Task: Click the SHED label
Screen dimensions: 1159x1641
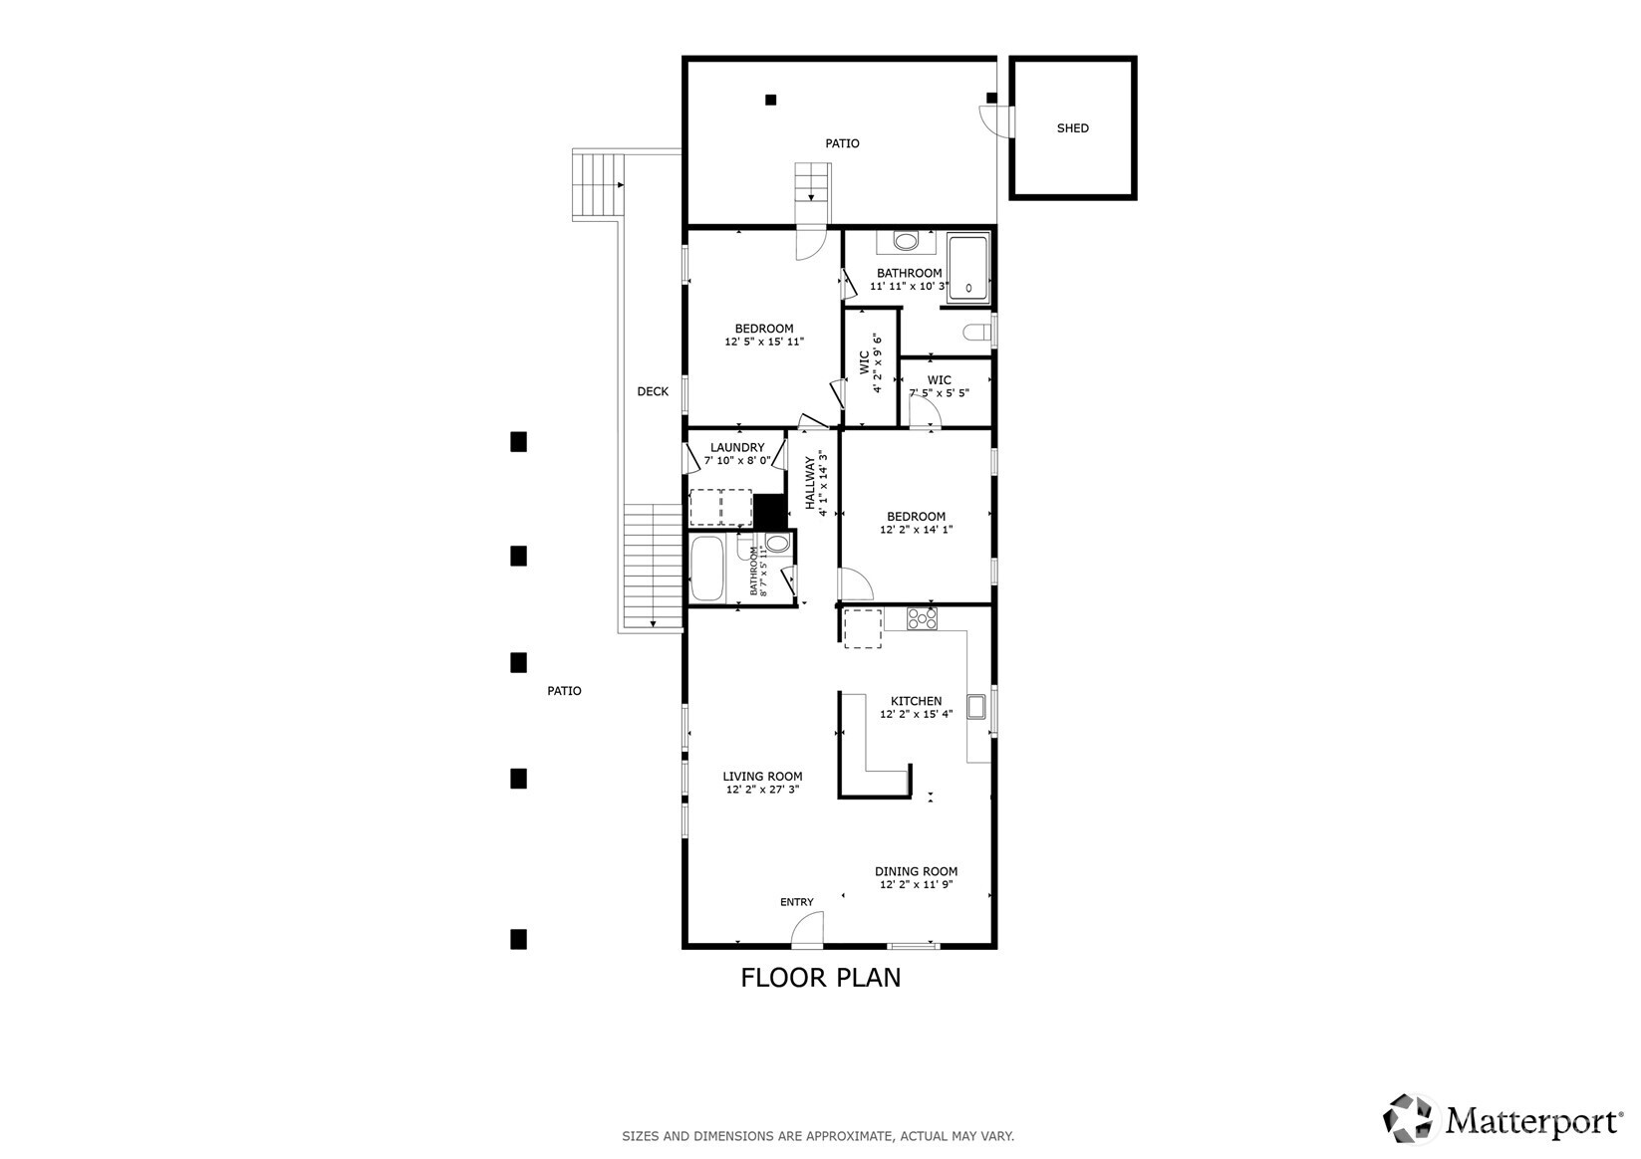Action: pyautogui.click(x=1072, y=127)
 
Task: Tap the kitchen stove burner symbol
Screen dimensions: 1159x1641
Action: pyautogui.click(x=922, y=618)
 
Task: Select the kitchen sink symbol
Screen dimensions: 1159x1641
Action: pyautogui.click(x=975, y=706)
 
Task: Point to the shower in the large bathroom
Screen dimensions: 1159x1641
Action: pyautogui.click(x=967, y=267)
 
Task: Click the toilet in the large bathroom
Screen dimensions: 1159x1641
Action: pyautogui.click(x=976, y=332)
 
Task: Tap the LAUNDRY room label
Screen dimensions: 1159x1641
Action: pyautogui.click(x=736, y=448)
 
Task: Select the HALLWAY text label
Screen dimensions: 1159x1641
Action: pyautogui.click(x=810, y=484)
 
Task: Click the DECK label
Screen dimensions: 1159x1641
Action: pyautogui.click(x=653, y=391)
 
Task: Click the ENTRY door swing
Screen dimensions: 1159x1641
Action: pyautogui.click(x=805, y=932)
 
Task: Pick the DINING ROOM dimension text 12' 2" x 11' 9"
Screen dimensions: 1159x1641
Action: pyautogui.click(x=916, y=884)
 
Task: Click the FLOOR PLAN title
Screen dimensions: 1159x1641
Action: pyautogui.click(x=820, y=978)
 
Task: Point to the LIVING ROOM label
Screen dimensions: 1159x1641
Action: pyautogui.click(x=762, y=777)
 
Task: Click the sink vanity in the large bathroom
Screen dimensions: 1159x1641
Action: pyautogui.click(x=906, y=241)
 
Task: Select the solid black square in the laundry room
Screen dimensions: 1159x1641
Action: pyautogui.click(x=768, y=511)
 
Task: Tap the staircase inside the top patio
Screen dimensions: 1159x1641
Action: pyautogui.click(x=811, y=183)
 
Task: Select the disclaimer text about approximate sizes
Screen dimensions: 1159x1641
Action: pyautogui.click(x=818, y=1135)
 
